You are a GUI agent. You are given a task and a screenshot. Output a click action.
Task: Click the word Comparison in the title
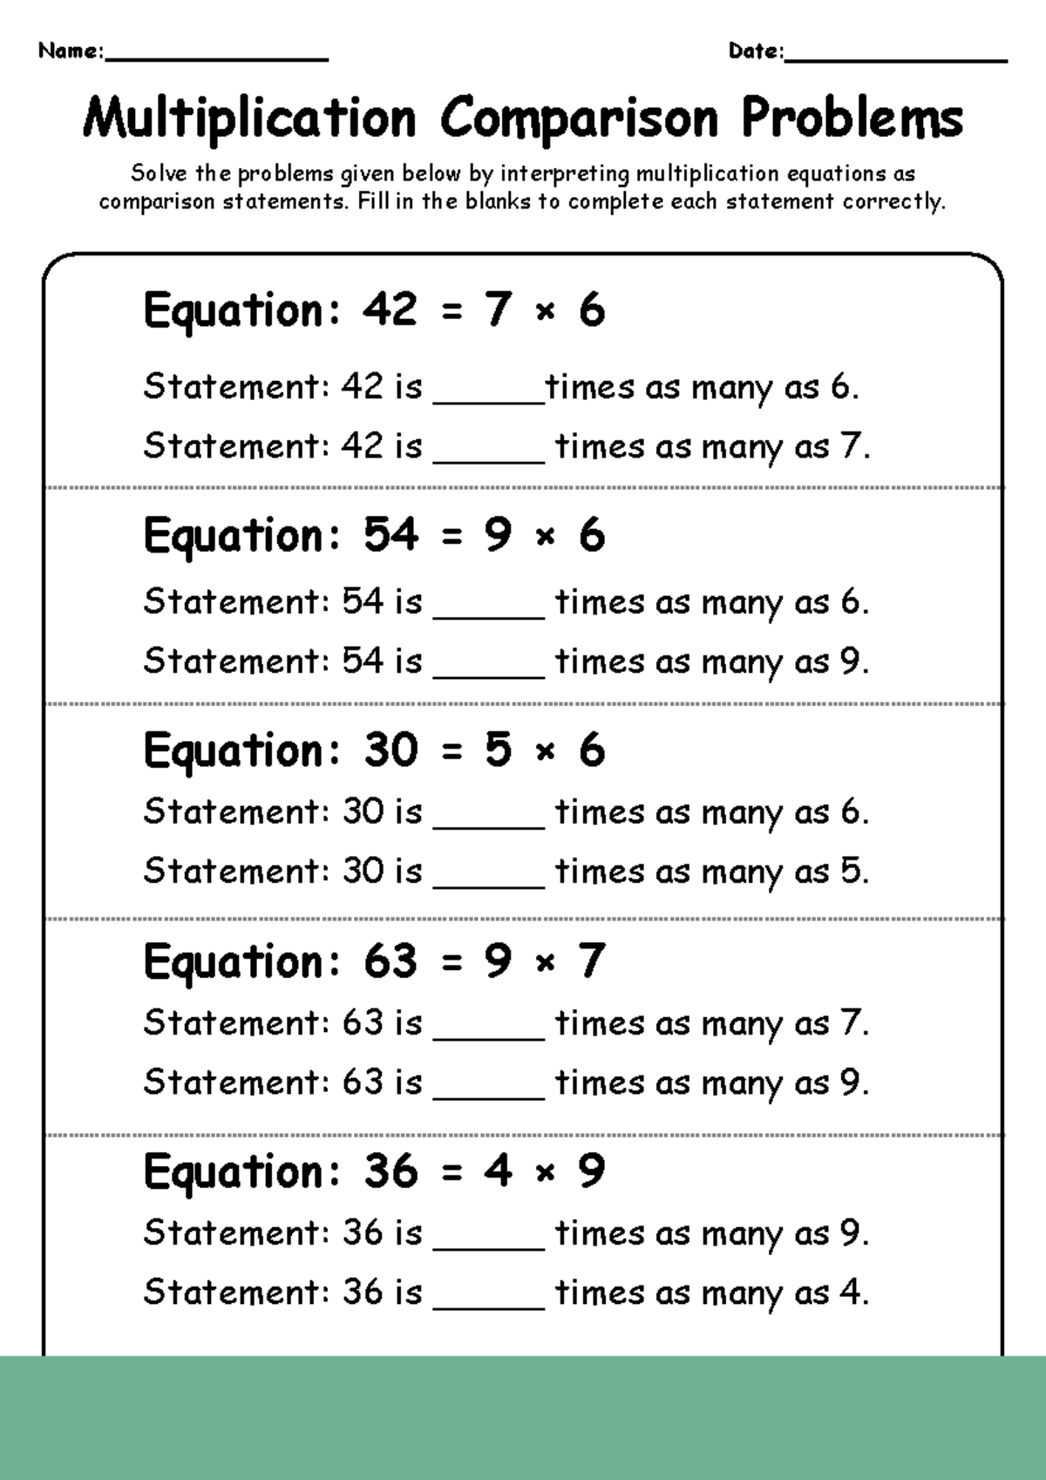click(x=580, y=119)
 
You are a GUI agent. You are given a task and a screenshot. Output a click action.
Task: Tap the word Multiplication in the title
click(x=250, y=119)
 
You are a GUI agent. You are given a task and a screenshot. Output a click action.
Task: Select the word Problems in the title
click(x=852, y=119)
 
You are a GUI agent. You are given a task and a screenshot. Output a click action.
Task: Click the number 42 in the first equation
click(x=390, y=309)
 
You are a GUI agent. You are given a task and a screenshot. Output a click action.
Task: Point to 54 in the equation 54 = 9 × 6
click(x=390, y=534)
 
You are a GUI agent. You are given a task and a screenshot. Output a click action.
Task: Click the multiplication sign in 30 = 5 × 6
click(x=546, y=751)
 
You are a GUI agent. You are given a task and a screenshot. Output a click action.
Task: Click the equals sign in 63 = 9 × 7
click(x=452, y=962)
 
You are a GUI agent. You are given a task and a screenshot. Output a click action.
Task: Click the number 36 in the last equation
click(x=390, y=1171)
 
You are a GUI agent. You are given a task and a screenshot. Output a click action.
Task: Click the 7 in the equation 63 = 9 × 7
click(x=591, y=961)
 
